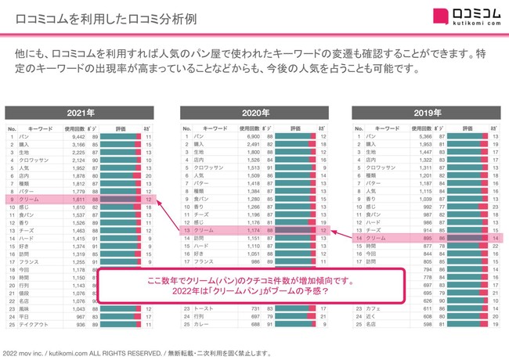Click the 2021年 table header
pos(80,112)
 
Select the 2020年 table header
pos(254,112)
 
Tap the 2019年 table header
pos(426,112)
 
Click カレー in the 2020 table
pos(200,320)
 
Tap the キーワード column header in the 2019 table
pos(384,126)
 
